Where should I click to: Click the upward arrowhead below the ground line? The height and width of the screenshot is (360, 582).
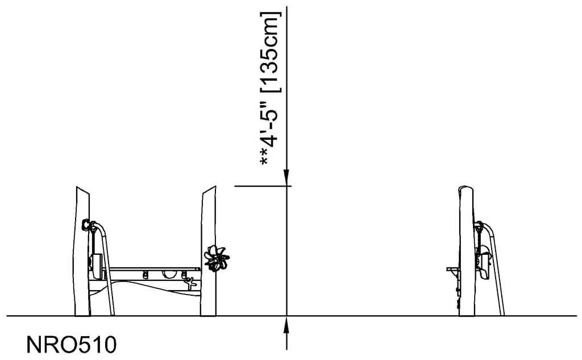point(288,324)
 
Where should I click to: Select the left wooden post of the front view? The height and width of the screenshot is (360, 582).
point(82,250)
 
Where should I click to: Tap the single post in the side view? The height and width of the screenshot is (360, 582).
point(467,250)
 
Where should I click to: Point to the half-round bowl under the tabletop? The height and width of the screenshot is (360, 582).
point(169,275)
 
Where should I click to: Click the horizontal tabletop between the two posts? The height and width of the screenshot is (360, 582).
point(153,268)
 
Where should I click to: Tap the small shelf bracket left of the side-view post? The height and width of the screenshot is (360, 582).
point(453,268)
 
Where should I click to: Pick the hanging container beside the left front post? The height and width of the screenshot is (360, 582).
point(97,264)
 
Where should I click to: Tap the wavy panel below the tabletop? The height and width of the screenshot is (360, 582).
point(148,284)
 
